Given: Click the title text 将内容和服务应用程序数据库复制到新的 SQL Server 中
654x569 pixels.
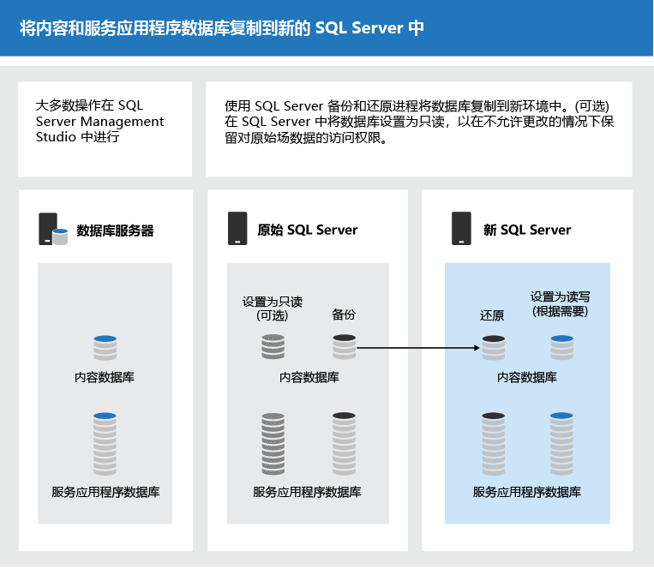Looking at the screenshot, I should [x=221, y=27].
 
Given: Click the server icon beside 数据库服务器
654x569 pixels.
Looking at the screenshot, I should [x=52, y=230].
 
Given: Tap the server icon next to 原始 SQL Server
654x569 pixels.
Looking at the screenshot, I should [x=237, y=229].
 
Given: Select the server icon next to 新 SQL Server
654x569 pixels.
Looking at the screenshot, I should [x=461, y=229].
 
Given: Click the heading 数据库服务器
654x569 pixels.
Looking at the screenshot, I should [x=115, y=231].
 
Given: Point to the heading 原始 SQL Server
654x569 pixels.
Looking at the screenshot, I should [x=308, y=230].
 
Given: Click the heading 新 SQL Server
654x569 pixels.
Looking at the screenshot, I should [x=526, y=230].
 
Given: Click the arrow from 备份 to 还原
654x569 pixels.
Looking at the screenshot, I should [x=418, y=348].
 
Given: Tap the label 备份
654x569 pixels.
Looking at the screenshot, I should [x=344, y=314].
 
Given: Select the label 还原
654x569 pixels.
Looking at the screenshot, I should [x=492, y=315].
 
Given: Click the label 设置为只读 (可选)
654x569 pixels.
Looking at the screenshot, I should [x=273, y=308].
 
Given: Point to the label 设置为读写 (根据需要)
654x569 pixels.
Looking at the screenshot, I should [x=560, y=303].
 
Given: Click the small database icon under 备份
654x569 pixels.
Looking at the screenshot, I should [x=344, y=347].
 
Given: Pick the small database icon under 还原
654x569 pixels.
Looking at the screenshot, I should [x=493, y=348].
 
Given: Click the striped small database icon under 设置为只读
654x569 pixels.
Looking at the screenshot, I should [x=273, y=347].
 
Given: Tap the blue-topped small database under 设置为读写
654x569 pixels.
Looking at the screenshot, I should [x=561, y=348].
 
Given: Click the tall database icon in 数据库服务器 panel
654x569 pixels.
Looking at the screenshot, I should [x=105, y=444].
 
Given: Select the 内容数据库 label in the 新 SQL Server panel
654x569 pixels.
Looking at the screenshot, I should [x=526, y=377].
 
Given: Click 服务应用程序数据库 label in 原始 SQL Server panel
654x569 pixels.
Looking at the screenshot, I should [x=307, y=492].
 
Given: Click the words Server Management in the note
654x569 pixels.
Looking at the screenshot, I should [x=100, y=122].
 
